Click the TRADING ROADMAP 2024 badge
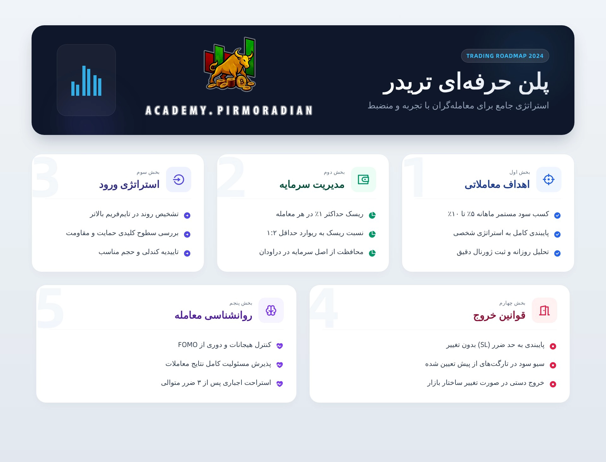tap(505, 56)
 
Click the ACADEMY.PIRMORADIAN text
tap(229, 111)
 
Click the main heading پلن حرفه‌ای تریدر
tap(466, 83)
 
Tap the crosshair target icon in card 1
tap(549, 179)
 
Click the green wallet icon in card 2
tap(363, 179)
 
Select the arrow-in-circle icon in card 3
tap(179, 179)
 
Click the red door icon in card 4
tap(544, 310)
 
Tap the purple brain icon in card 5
tap(271, 310)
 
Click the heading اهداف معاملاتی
tap(497, 185)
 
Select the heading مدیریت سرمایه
tap(312, 185)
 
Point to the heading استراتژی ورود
tap(129, 185)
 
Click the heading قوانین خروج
tap(499, 315)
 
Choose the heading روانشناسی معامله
tap(213, 315)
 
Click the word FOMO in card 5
tap(188, 345)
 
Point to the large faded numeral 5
tap(50, 308)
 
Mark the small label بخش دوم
tap(334, 172)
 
